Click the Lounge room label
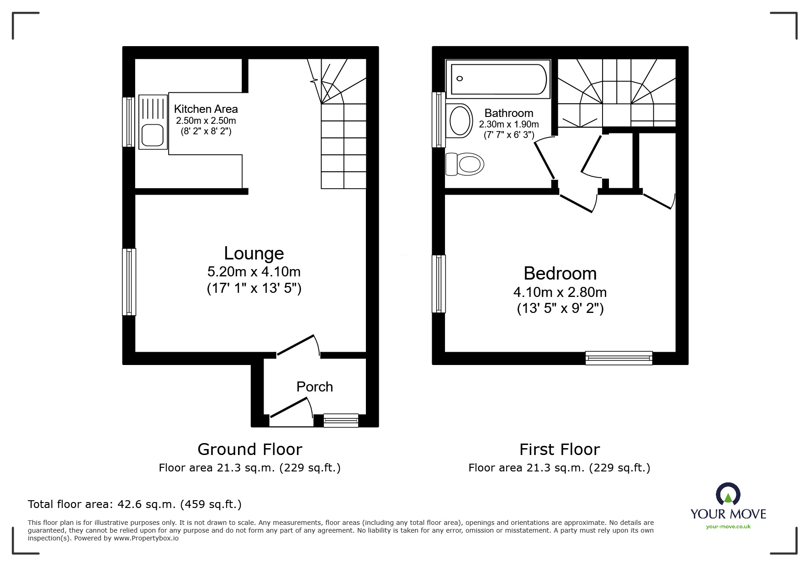coord(254,253)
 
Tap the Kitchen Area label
coord(206,109)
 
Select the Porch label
coord(315,387)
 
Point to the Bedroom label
coord(560,273)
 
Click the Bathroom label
coord(509,113)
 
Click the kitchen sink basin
coord(153,135)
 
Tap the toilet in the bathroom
coord(465,164)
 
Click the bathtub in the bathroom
coord(498,79)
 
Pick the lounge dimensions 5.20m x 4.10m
coord(254,272)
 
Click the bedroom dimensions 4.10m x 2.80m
coord(560,292)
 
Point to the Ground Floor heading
coord(250,450)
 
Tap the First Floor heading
coord(560,450)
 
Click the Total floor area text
coord(135,504)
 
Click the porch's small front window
coord(341,420)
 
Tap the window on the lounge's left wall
coord(129,282)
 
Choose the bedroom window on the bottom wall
coord(619,358)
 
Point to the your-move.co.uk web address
coord(728,527)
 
